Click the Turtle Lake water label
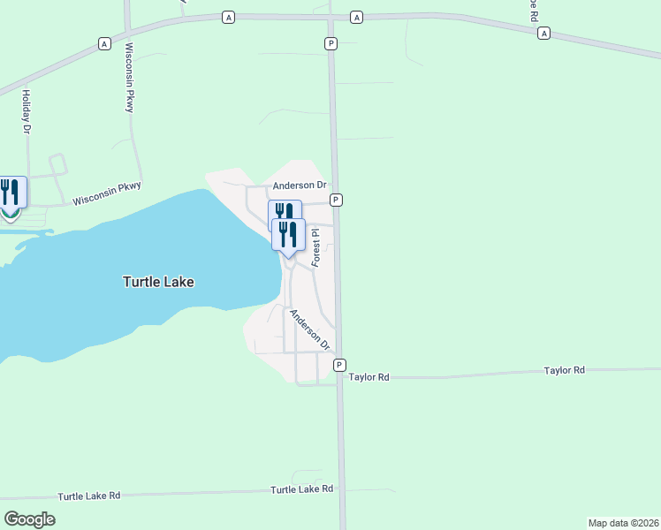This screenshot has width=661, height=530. point(157,282)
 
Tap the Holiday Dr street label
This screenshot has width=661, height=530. point(27,112)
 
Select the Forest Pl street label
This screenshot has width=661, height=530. point(315,249)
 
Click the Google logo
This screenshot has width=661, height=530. point(29,519)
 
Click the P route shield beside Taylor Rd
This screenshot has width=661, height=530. point(338,365)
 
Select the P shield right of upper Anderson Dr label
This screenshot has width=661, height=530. point(337,201)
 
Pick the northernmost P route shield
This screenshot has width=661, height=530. point(330,43)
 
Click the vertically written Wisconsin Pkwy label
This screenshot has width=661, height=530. point(129,78)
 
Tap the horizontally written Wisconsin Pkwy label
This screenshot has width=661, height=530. point(107,194)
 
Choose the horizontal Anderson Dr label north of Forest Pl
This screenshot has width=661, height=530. point(300,185)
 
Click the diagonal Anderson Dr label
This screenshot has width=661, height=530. point(309,329)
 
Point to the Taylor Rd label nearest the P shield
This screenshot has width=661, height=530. point(369,376)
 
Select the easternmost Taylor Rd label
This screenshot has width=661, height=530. point(565,370)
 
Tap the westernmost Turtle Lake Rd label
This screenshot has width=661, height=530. point(88,496)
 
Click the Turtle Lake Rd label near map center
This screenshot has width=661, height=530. point(301,488)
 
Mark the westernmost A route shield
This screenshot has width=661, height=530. point(104,43)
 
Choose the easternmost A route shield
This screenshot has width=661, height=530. point(543,33)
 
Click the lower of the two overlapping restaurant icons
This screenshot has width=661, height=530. point(288,234)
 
